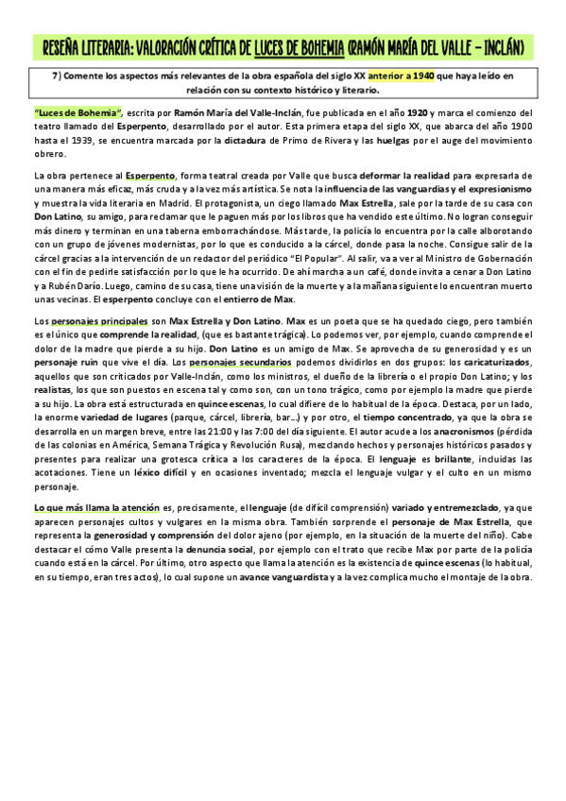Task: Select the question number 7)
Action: (x=62, y=77)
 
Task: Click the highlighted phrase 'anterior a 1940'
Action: (x=401, y=77)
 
